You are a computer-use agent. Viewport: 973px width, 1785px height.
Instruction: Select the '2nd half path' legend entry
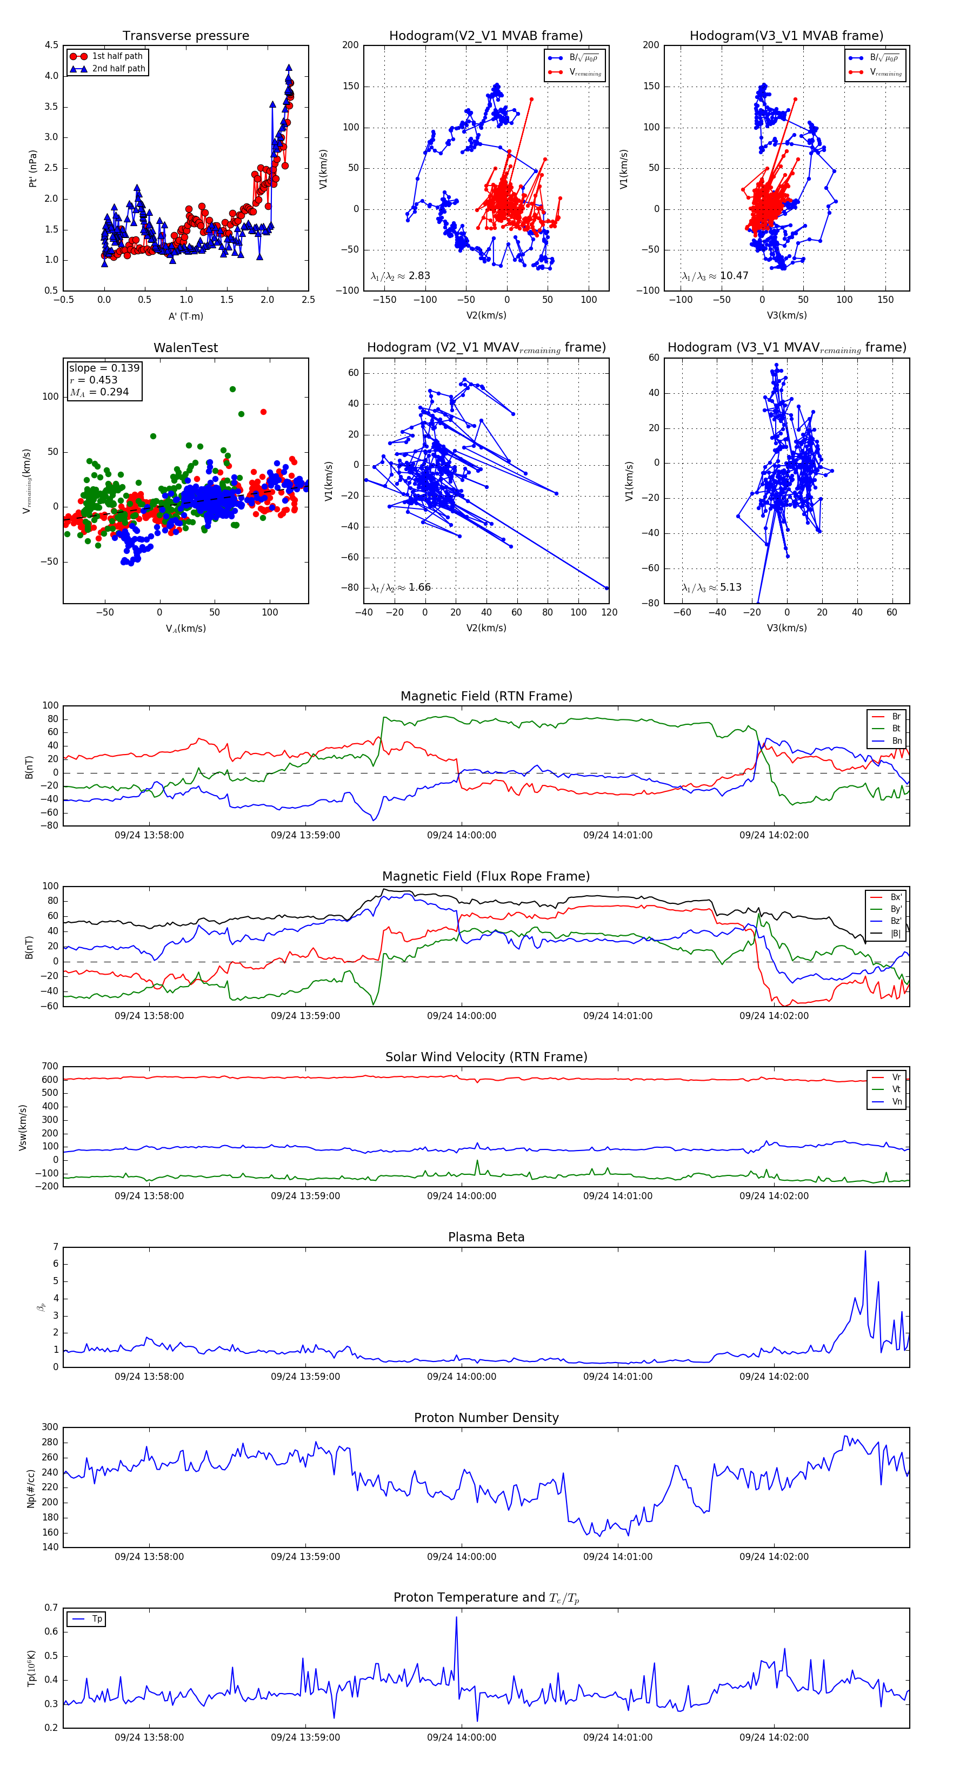[x=118, y=69]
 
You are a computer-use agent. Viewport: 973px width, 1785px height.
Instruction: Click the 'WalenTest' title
[x=185, y=348]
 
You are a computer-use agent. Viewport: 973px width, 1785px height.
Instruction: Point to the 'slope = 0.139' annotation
[x=104, y=368]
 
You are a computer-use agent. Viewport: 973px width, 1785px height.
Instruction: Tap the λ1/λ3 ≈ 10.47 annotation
[x=715, y=276]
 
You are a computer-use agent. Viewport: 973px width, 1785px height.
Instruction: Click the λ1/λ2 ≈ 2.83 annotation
[x=400, y=276]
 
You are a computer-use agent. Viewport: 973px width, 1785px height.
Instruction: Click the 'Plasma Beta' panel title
[x=486, y=1237]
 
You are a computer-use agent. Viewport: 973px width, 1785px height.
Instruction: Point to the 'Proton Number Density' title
[x=486, y=1418]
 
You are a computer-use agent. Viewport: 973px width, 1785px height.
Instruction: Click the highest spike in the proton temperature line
[x=456, y=1617]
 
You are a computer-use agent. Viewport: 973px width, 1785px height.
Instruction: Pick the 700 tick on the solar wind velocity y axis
[x=50, y=1067]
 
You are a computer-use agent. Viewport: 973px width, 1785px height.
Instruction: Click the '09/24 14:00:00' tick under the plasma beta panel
[x=461, y=1377]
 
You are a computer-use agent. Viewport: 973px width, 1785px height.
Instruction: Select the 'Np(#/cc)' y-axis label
[x=30, y=1487]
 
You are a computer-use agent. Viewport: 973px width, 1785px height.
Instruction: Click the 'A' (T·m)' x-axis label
[x=185, y=316]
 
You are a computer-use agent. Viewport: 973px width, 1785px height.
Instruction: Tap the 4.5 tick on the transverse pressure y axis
[x=51, y=45]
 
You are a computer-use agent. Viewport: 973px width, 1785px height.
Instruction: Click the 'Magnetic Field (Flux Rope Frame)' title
[x=486, y=877]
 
